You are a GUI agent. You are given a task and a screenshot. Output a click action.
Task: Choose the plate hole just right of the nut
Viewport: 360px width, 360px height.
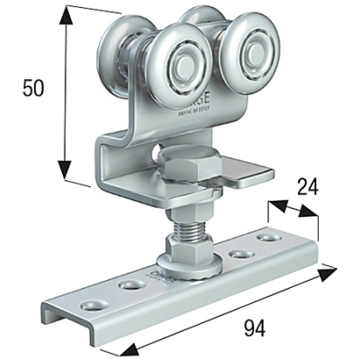click(240, 254)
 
